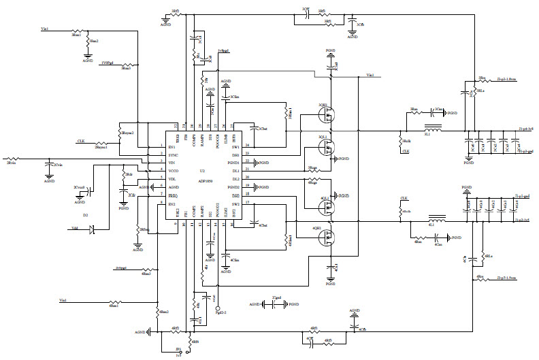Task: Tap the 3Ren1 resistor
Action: click(77, 31)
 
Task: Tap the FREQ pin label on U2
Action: click(173, 195)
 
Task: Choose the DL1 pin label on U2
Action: click(235, 170)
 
